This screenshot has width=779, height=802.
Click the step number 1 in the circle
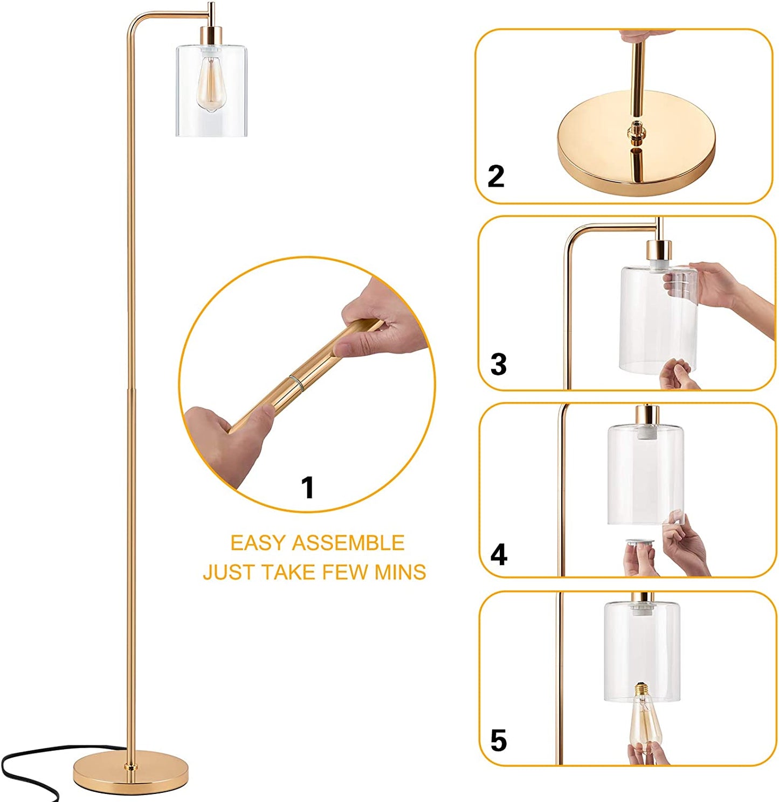click(x=307, y=487)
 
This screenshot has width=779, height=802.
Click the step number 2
click(x=495, y=176)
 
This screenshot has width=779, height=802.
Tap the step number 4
click(x=499, y=554)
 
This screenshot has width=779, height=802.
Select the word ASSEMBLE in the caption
click(x=348, y=543)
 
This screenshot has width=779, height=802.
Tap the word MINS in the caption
click(x=400, y=572)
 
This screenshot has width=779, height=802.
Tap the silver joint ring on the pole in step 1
click(x=297, y=382)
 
